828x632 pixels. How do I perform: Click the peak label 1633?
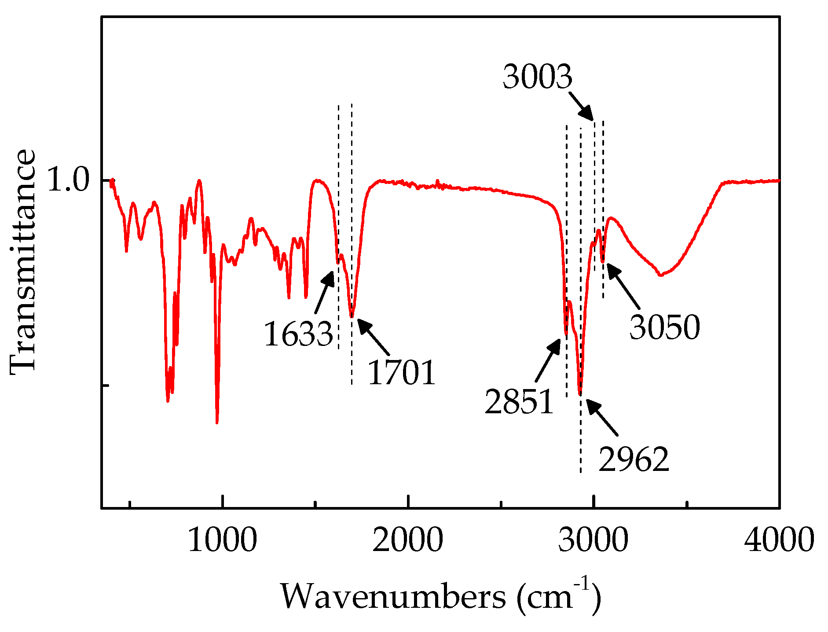(298, 334)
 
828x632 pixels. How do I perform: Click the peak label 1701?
(401, 373)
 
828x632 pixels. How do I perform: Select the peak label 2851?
(519, 401)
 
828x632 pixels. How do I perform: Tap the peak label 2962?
(634, 459)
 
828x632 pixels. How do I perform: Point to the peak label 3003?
(538, 77)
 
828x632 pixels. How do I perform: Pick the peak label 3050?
(664, 327)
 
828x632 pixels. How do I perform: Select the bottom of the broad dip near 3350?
(660, 275)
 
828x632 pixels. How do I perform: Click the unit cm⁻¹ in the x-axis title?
(558, 596)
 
